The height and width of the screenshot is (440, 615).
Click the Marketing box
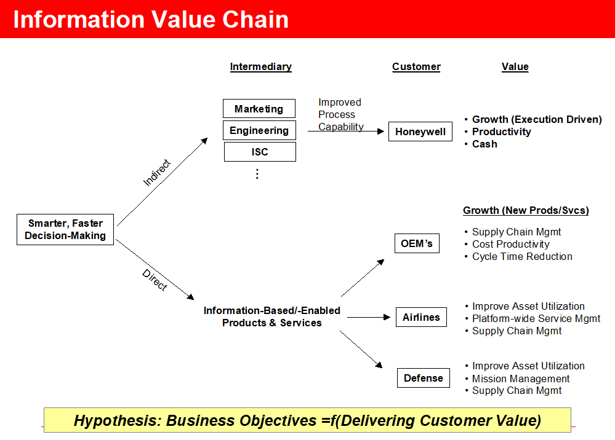(259, 109)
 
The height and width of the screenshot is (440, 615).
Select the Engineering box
(259, 130)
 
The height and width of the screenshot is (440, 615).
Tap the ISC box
(260, 152)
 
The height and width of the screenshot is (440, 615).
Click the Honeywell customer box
(420, 132)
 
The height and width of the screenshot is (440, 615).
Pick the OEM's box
(417, 243)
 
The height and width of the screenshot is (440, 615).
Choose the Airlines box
(421, 317)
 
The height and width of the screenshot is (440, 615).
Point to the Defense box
(423, 378)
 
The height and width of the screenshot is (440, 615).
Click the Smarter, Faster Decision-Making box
(65, 229)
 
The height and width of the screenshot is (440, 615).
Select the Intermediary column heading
(260, 66)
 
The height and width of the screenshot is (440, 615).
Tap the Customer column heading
(416, 66)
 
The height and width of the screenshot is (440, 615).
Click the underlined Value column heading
(515, 66)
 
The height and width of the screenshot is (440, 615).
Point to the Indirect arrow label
(156, 173)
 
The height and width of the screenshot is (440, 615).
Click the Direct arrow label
(154, 280)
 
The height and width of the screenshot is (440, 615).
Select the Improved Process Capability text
(340, 114)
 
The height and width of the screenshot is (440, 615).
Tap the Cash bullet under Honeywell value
(484, 144)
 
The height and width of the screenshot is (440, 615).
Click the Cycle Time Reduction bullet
(522, 256)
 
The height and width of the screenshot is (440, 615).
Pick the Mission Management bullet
(521, 379)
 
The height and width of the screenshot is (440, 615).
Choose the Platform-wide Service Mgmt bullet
(536, 318)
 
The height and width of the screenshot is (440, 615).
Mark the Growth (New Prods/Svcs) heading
(526, 210)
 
